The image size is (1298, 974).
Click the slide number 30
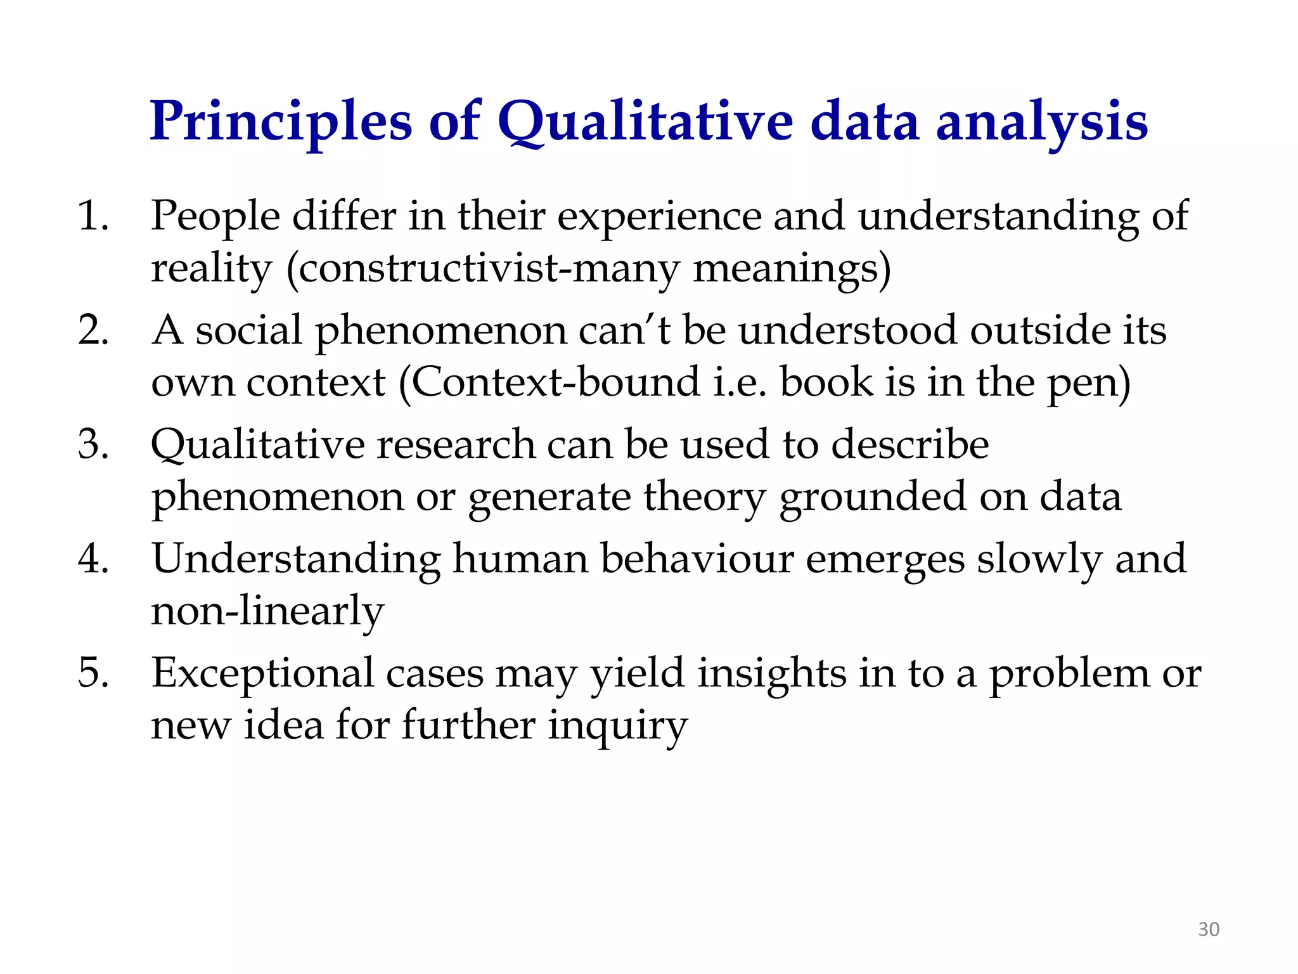point(1208,930)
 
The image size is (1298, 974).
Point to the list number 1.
point(93,216)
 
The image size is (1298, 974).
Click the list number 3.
point(93,444)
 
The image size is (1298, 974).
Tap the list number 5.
point(93,672)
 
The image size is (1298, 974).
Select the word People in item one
point(215,217)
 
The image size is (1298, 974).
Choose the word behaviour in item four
point(697,559)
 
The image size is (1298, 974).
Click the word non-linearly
point(267,611)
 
